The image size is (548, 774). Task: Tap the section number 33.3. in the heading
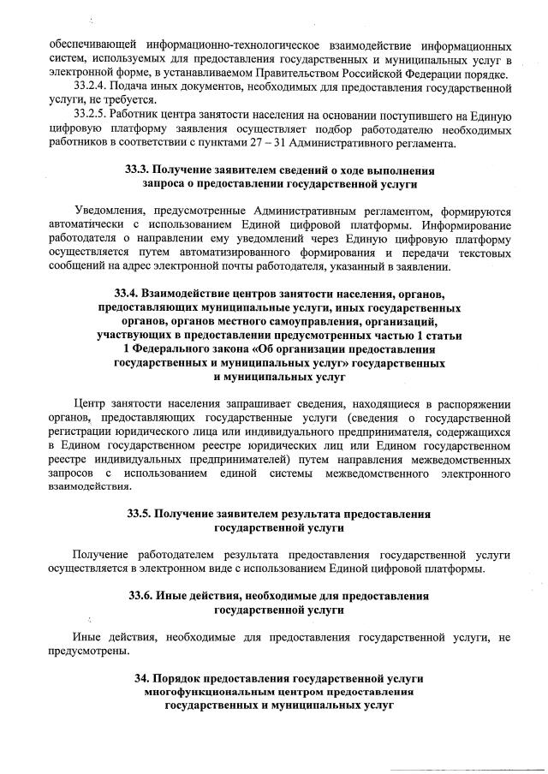pyautogui.click(x=140, y=170)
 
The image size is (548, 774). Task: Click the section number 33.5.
pyautogui.click(x=141, y=514)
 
